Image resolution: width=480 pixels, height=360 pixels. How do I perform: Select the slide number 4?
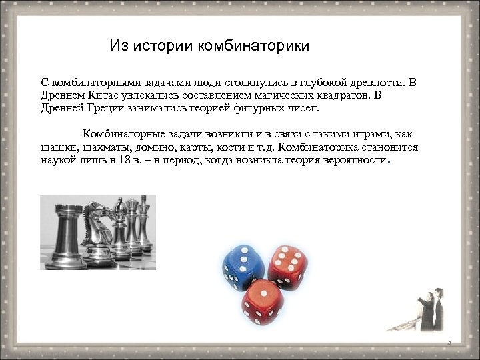[x=449, y=343]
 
